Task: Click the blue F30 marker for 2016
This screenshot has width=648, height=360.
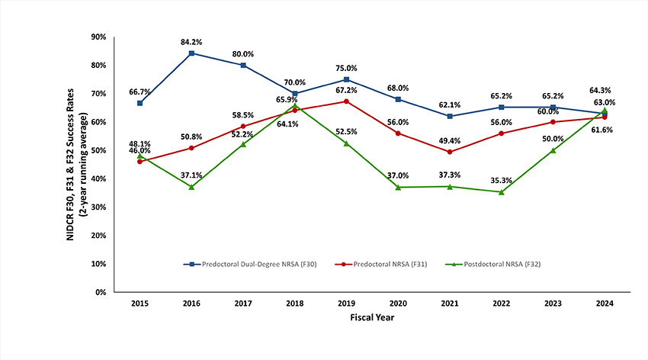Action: tap(191, 53)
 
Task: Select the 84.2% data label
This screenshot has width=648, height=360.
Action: tap(191, 40)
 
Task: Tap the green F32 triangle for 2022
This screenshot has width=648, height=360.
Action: tap(501, 191)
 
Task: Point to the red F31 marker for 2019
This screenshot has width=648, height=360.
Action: tap(346, 101)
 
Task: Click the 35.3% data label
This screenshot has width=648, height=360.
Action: tap(501, 180)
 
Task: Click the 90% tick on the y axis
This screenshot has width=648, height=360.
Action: tap(98, 37)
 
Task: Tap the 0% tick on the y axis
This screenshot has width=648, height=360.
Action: tap(100, 292)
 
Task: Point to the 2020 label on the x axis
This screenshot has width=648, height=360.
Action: tap(398, 303)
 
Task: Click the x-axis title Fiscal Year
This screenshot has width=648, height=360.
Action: tap(372, 317)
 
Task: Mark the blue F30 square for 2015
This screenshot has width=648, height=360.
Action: tap(140, 103)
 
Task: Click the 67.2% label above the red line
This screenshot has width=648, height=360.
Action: tap(346, 90)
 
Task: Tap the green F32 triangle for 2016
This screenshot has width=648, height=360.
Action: tap(191, 187)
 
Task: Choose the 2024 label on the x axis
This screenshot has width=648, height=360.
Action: tap(605, 303)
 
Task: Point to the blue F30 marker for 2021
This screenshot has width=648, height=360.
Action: tap(449, 116)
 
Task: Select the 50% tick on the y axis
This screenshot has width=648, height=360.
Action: tap(98, 150)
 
